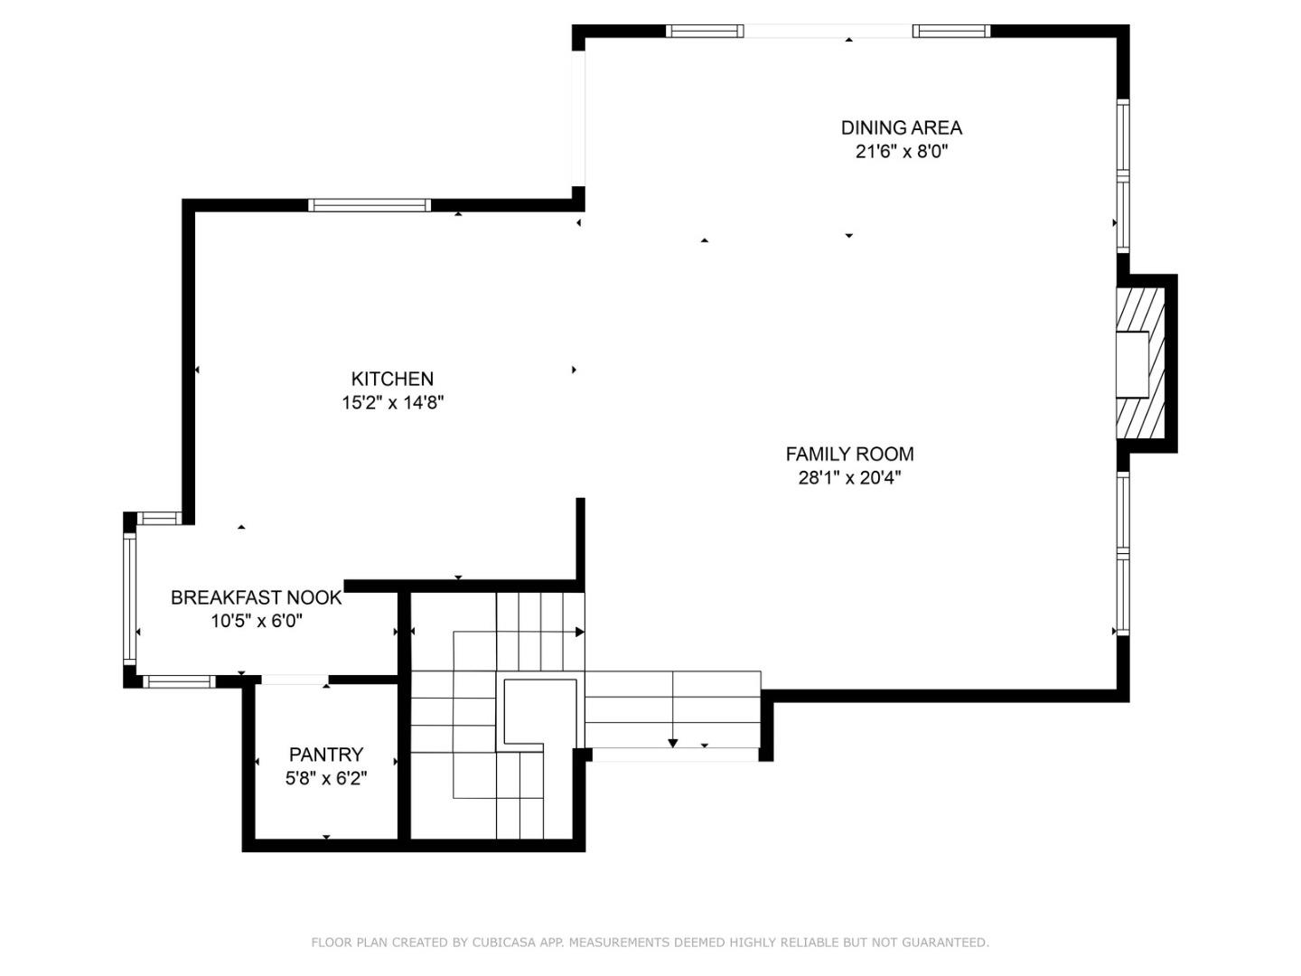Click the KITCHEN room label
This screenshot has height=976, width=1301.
tap(392, 379)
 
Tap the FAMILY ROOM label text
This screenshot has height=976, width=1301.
tap(849, 454)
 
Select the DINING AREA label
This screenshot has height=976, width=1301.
tap(901, 127)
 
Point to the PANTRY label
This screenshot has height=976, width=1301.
tap(326, 754)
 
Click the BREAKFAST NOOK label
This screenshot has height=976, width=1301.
tap(257, 597)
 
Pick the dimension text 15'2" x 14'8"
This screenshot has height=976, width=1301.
tap(392, 403)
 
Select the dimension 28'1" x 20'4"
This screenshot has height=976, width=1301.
tap(849, 478)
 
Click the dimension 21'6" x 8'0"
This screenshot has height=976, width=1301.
tap(901, 152)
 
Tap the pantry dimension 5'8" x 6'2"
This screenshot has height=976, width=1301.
tap(326, 778)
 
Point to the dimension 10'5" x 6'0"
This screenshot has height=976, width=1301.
tap(257, 621)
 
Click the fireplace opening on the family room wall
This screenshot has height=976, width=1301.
tap(1131, 365)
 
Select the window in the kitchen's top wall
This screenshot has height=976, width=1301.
tap(370, 205)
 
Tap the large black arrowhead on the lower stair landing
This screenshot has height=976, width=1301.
tap(673, 743)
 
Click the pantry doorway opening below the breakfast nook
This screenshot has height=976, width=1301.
tap(295, 680)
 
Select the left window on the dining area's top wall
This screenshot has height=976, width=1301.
tap(705, 32)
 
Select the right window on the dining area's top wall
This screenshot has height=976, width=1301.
tap(951, 32)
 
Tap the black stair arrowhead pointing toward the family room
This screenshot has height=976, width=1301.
tap(579, 632)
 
